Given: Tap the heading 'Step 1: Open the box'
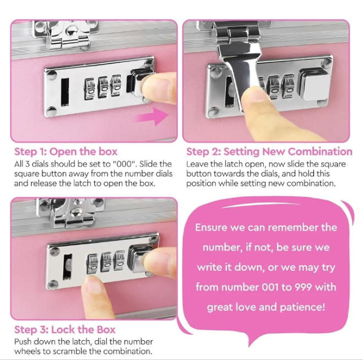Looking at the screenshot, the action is [x=66, y=152].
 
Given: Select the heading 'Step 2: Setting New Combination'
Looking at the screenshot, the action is [x=269, y=152].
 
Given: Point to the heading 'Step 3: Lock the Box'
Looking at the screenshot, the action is [x=65, y=330].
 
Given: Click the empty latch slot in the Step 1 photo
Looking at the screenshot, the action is [x=64, y=92].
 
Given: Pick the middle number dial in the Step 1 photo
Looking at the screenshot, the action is [x=104, y=88].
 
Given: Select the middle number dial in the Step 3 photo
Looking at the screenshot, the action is [x=106, y=262].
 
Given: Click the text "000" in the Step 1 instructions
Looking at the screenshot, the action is [x=124, y=164].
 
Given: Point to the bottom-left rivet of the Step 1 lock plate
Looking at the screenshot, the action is [x=51, y=111].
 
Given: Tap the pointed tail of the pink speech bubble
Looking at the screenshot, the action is [x=251, y=346].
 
